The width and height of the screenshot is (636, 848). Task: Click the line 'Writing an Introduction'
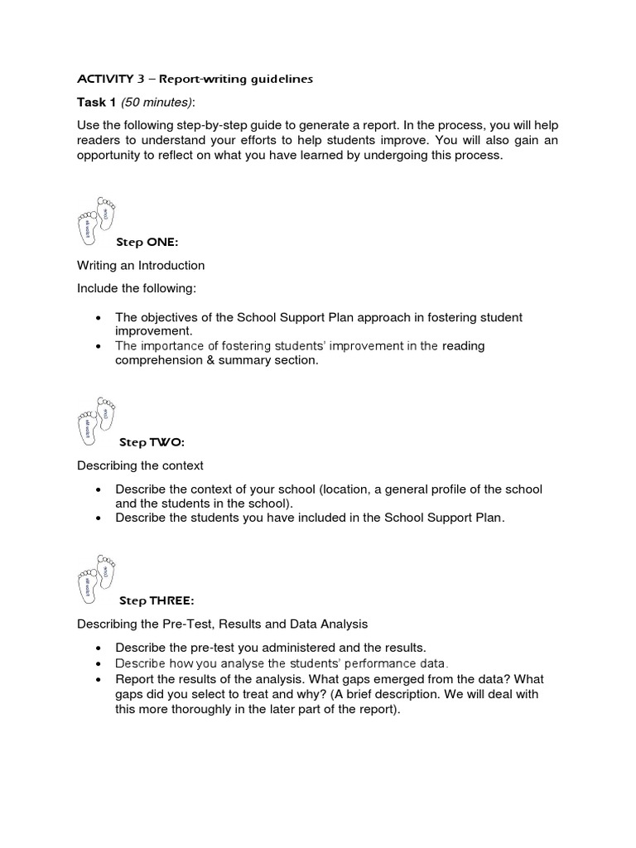141,266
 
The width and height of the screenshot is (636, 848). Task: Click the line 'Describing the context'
140,465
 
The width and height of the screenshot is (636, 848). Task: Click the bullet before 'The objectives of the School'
99,318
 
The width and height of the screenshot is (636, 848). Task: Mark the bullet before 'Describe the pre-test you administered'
99,648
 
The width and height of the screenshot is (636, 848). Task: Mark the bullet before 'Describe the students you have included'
99,518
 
